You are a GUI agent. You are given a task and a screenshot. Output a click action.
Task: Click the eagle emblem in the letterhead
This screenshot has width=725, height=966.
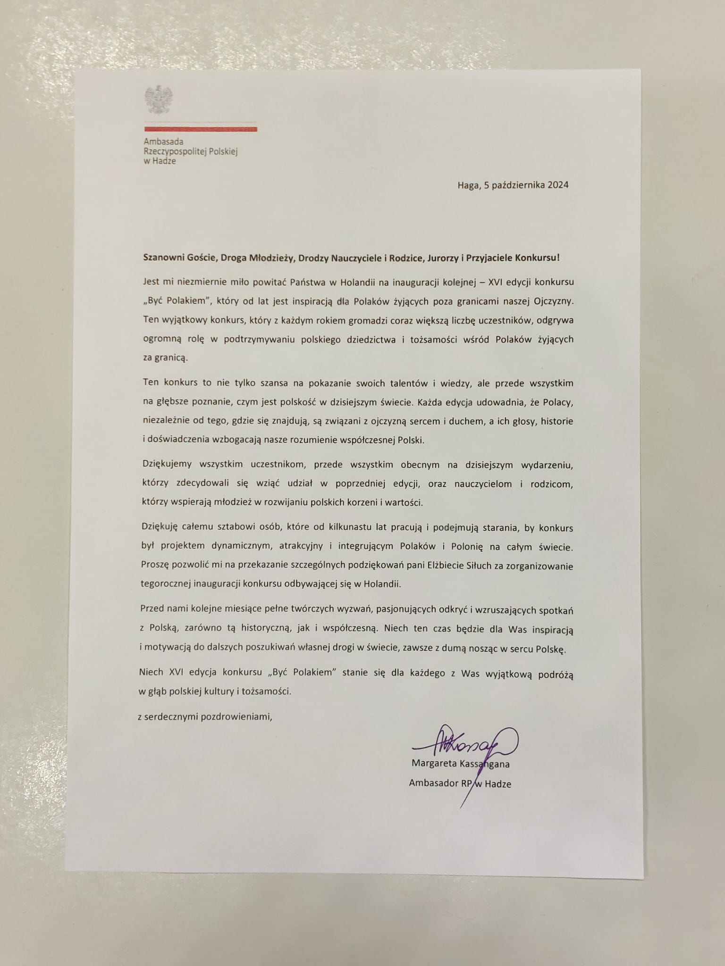[x=159, y=99]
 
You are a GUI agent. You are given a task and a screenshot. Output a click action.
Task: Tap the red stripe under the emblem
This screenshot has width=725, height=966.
[x=201, y=129]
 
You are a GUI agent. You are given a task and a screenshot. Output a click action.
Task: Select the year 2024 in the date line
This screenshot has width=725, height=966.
[x=558, y=185]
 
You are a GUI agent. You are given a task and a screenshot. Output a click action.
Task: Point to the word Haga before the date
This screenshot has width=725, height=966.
[x=468, y=185]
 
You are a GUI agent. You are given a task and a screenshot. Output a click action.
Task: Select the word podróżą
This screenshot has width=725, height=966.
[x=557, y=674]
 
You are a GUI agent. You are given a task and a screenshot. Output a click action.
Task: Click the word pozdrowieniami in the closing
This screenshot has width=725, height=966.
[x=236, y=717]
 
